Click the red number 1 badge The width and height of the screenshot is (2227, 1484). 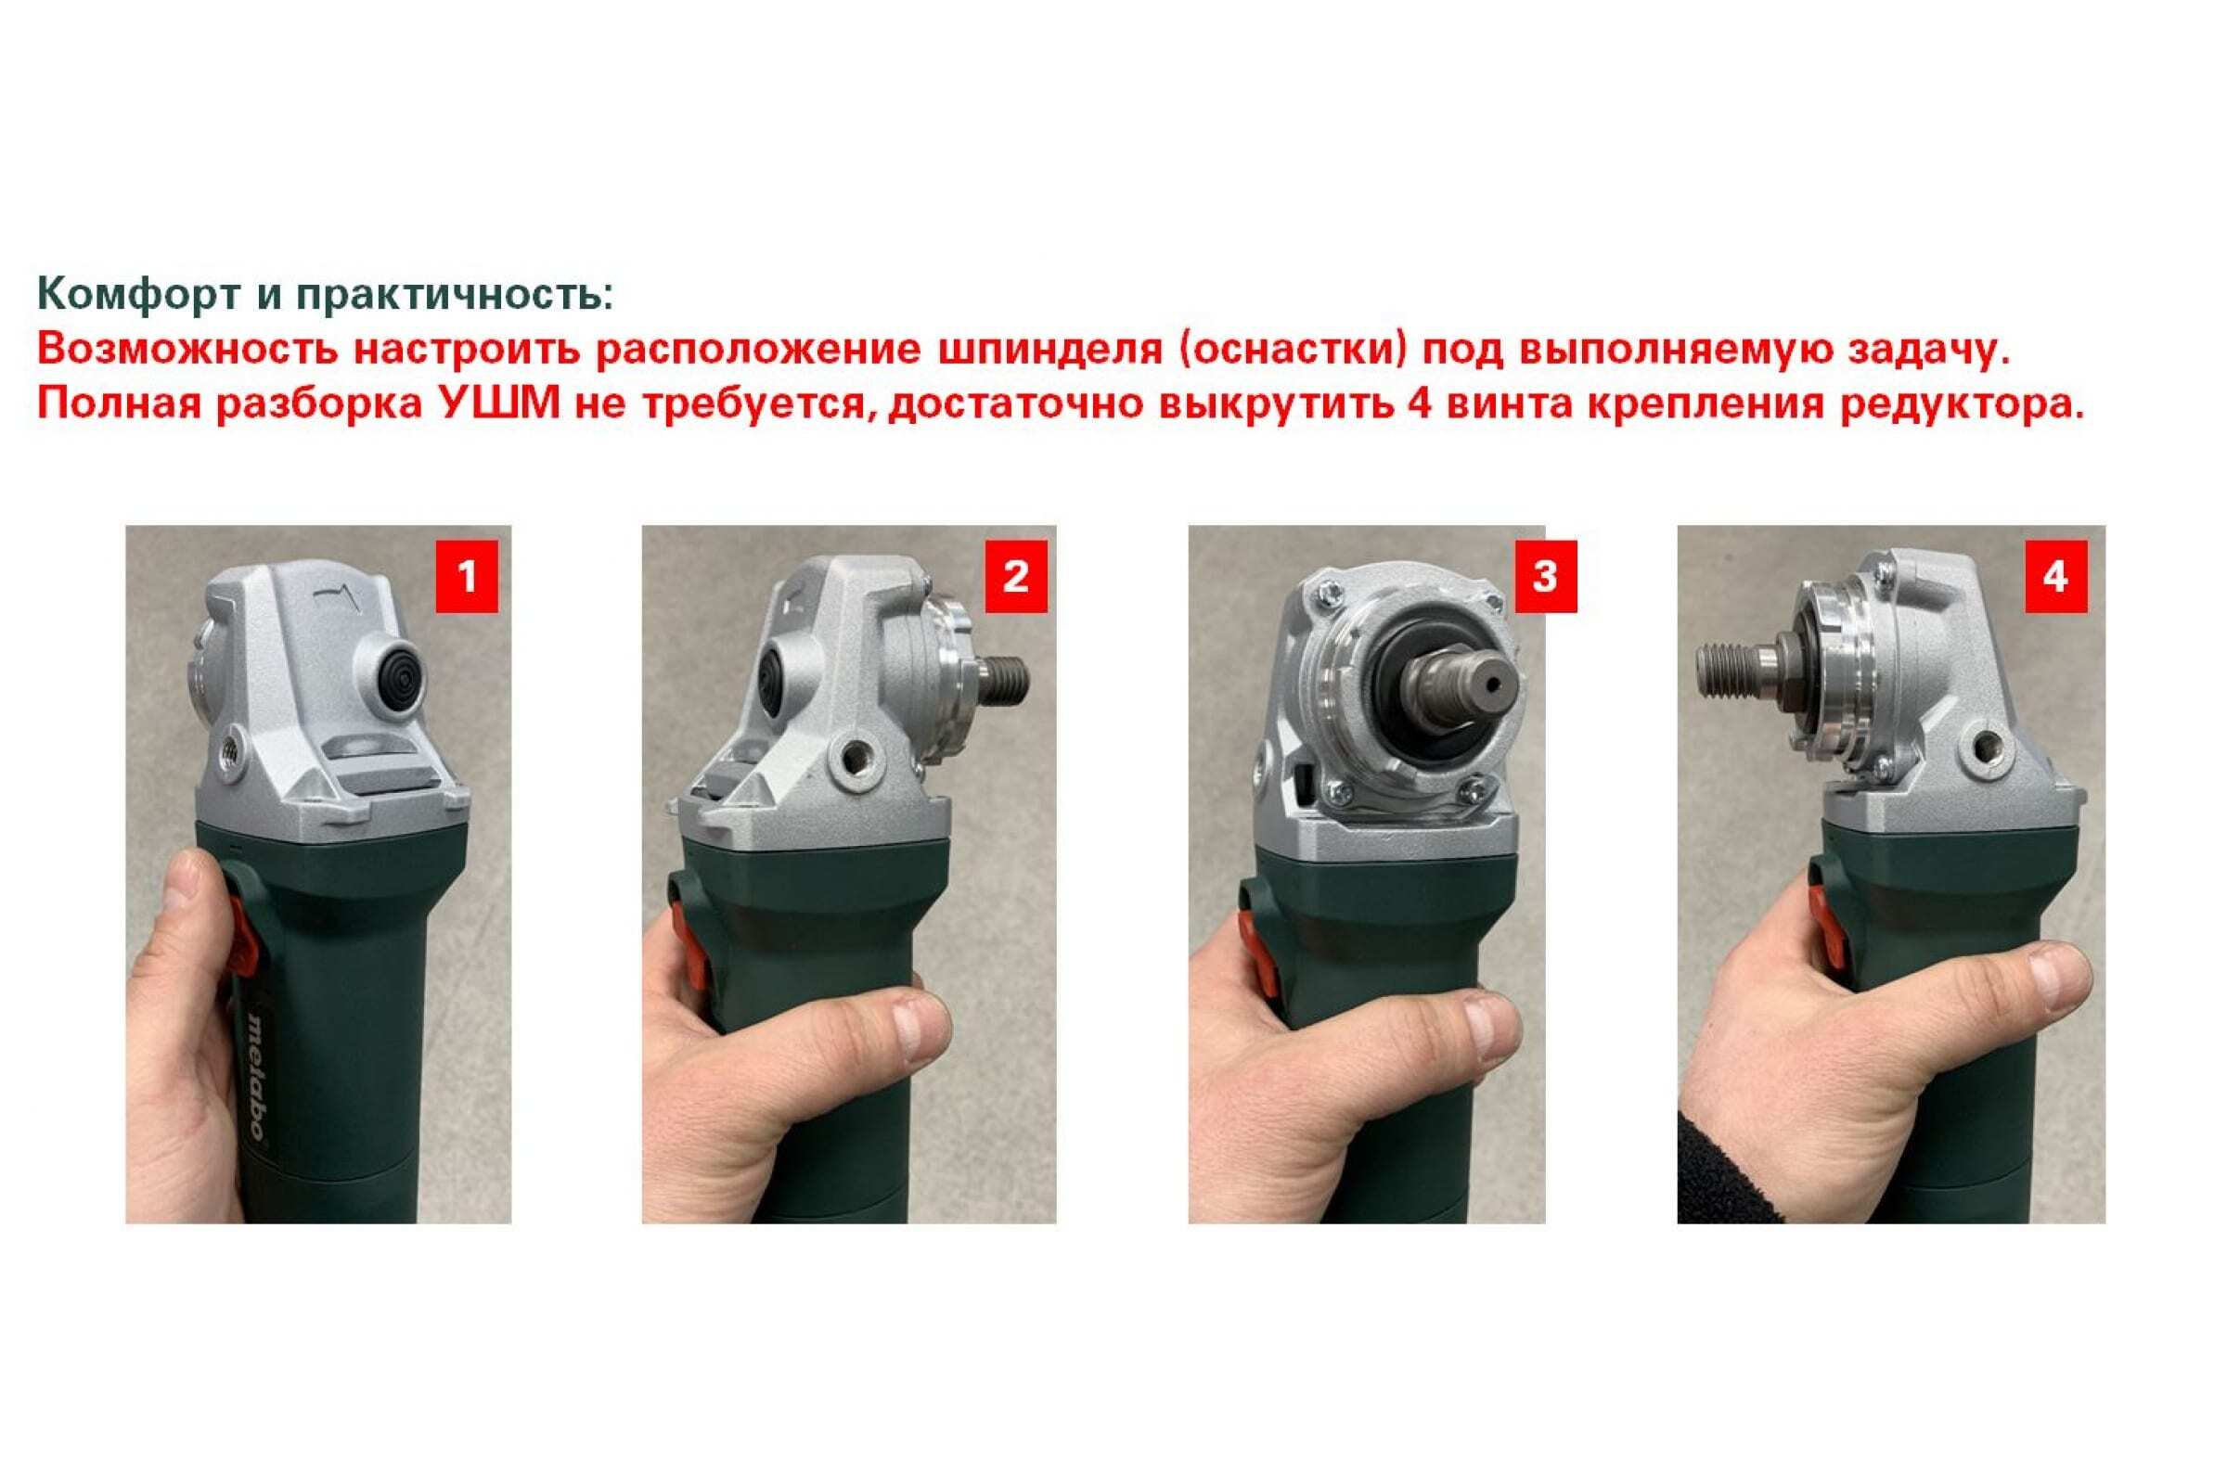pos(466,576)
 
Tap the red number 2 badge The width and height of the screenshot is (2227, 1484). pos(1016,576)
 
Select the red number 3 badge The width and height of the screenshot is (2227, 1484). pos(1545,576)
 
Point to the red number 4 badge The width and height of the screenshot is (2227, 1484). pos(2055,576)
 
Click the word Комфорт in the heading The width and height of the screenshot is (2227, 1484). pos(138,295)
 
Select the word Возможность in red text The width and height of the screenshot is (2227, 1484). pos(187,350)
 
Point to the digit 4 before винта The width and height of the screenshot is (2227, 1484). pos(1407,404)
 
